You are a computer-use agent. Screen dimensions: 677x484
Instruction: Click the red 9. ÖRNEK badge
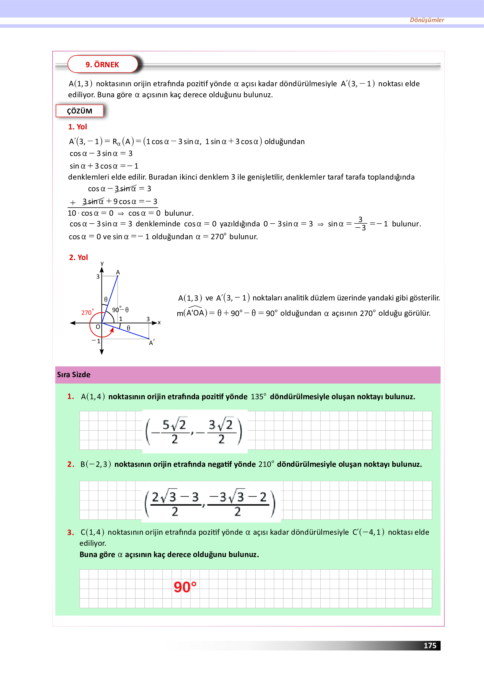[x=102, y=65]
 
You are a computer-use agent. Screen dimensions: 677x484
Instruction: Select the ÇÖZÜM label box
[x=79, y=111]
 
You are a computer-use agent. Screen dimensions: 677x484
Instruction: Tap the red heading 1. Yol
[x=77, y=127]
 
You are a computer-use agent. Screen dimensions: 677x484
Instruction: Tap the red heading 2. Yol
[x=78, y=258]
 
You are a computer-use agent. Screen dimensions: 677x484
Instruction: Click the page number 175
[x=430, y=645]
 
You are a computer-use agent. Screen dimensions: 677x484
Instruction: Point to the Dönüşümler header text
[x=427, y=20]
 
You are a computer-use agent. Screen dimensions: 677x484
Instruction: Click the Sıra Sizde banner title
[x=74, y=375]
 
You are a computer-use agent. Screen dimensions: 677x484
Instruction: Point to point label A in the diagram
[x=118, y=272]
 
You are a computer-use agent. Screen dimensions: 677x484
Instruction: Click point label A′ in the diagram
[x=152, y=343]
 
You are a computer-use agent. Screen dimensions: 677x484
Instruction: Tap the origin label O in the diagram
[x=98, y=327]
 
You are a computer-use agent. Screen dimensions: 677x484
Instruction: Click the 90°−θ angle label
[x=120, y=310]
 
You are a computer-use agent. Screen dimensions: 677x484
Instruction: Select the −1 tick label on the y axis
[x=96, y=341]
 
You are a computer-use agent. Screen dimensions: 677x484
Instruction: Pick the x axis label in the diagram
[x=159, y=322]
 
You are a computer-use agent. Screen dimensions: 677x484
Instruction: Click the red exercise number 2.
[x=71, y=464]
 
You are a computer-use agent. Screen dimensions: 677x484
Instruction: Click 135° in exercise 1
[x=258, y=397]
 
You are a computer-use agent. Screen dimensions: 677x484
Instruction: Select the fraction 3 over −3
[x=361, y=224]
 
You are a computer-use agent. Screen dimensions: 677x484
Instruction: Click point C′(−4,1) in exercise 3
[x=368, y=532]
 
